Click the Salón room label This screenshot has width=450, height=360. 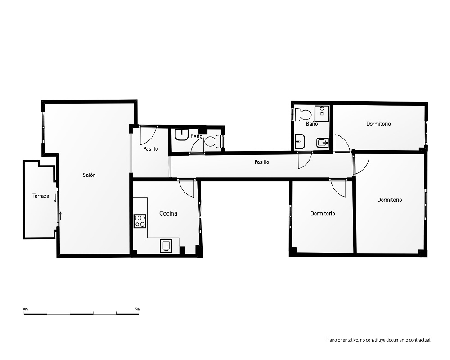point(89,175)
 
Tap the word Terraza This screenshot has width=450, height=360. point(40,196)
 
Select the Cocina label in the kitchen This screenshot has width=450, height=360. point(168,213)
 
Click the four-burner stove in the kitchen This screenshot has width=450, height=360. point(140,221)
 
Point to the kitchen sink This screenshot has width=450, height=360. point(166,246)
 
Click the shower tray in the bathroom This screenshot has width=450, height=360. point(322,114)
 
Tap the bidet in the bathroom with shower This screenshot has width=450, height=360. point(323,142)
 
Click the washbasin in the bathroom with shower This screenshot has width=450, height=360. point(300,142)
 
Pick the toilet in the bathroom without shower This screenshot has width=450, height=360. point(213,141)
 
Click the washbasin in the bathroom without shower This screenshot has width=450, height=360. point(182,135)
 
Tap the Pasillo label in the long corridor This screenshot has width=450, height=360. point(262,162)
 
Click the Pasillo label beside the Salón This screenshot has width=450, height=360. point(151,148)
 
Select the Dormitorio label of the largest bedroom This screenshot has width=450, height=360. point(389,200)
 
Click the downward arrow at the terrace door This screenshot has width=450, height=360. point(55,198)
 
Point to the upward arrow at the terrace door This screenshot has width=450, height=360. point(61,215)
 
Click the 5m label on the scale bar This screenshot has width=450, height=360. point(137,309)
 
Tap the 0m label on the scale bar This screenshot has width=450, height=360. point(26,309)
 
